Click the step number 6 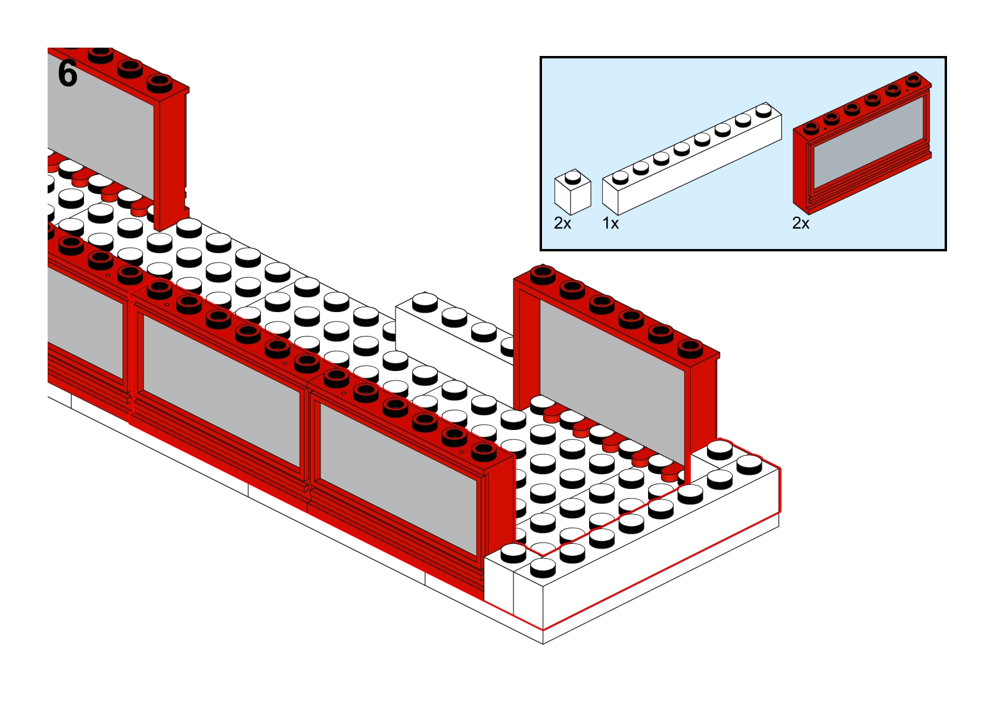pyautogui.click(x=67, y=74)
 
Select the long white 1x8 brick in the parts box pyautogui.click(x=691, y=161)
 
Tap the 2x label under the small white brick pyautogui.click(x=562, y=223)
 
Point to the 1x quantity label pyautogui.click(x=610, y=223)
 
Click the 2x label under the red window pyautogui.click(x=800, y=223)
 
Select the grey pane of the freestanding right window pyautogui.click(x=610, y=381)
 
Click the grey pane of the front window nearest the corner pyautogui.click(x=399, y=477)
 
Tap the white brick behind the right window pyautogui.click(x=453, y=328)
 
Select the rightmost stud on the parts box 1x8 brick pyautogui.click(x=763, y=110)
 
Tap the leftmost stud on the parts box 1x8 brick pyautogui.click(x=620, y=176)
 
